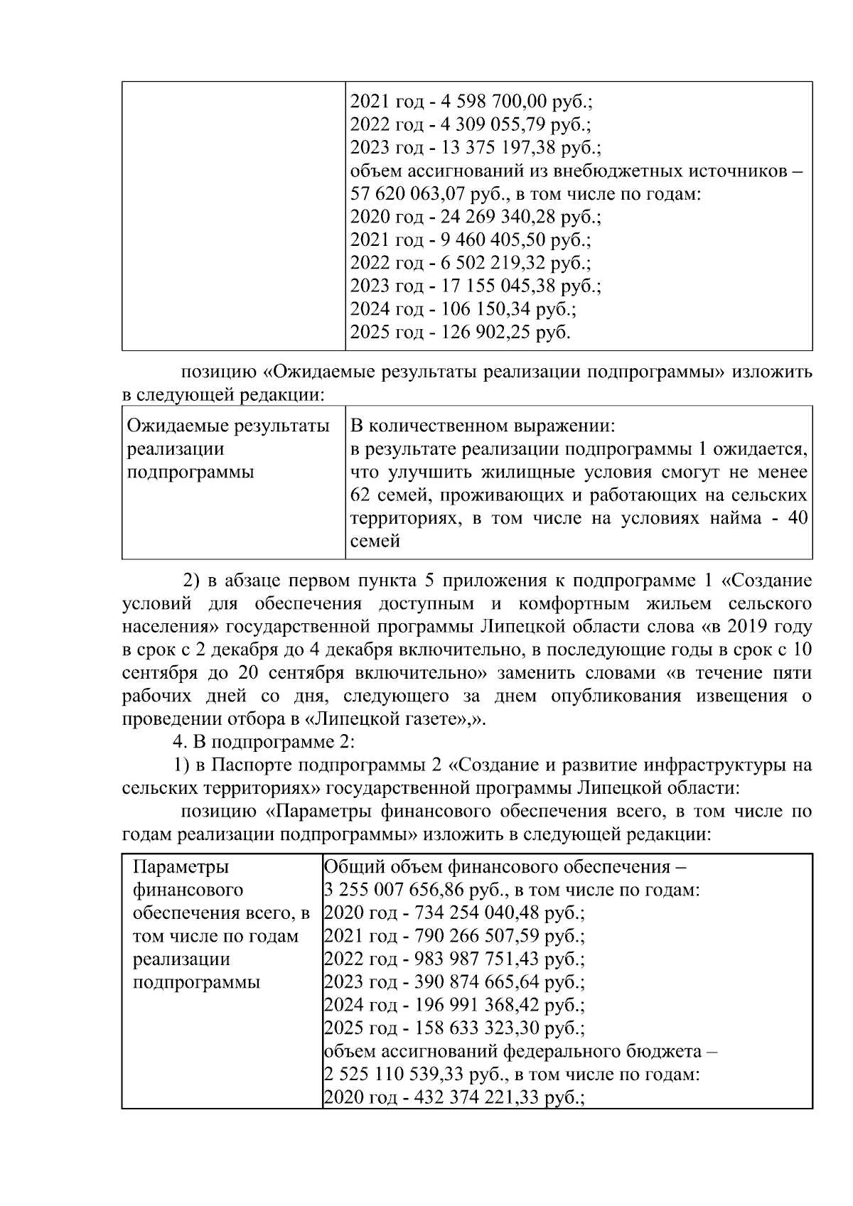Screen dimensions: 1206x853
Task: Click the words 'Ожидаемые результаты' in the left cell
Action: pos(227,426)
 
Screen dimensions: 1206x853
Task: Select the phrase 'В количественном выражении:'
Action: pos(483,426)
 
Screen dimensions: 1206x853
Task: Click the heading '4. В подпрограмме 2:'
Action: pos(264,742)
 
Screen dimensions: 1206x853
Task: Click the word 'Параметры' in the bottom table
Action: pos(181,867)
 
